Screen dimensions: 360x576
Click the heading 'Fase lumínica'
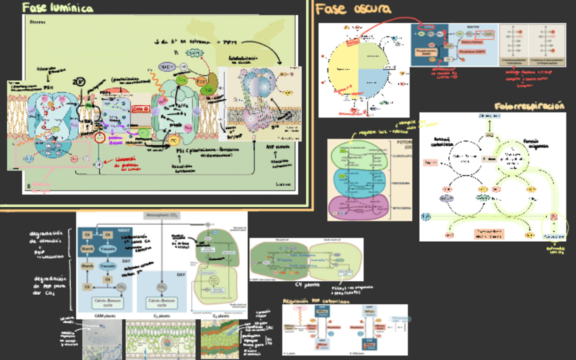point(57,7)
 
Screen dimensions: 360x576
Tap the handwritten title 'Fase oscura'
point(353,8)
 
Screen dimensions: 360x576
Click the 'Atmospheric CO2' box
point(162,215)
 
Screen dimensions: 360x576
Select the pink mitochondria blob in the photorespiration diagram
point(357,206)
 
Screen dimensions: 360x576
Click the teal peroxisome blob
point(357,180)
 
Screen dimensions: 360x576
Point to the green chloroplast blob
point(357,155)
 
